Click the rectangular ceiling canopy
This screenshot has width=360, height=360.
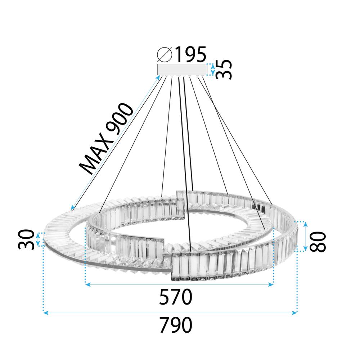point(182,69)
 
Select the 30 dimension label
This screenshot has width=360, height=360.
point(26,240)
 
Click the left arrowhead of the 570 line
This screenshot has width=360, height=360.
point(87,284)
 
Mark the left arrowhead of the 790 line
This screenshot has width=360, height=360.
point(45,313)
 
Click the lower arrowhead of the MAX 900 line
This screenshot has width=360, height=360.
point(72,209)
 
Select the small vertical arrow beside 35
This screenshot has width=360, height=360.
point(212,69)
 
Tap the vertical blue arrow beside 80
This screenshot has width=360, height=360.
point(305,236)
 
